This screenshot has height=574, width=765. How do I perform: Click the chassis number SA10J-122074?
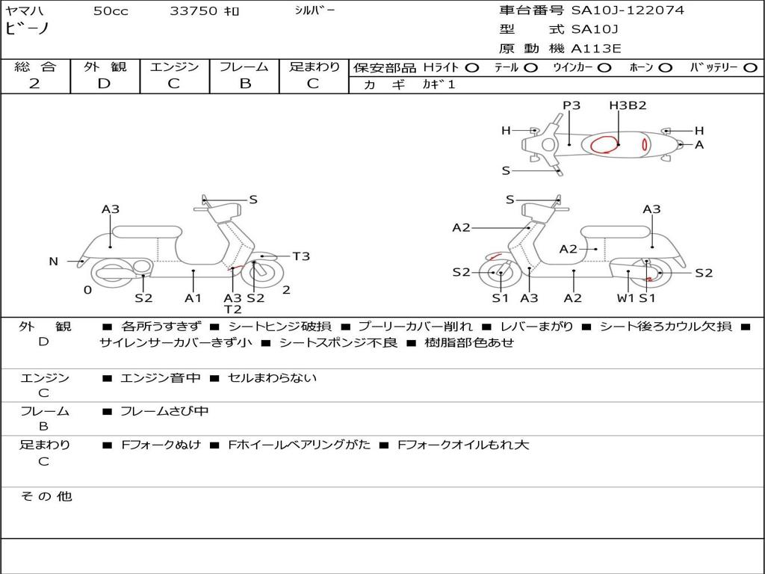pos(628,10)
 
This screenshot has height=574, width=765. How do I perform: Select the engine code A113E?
pos(595,49)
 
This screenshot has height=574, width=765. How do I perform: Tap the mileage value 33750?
pos(193,11)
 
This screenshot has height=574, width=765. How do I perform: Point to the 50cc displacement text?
pos(111,11)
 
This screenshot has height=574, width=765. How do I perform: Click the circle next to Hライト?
pos(471,67)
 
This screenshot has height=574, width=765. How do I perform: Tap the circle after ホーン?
pos(665,67)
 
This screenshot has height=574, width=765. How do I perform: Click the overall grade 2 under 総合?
pos(34,83)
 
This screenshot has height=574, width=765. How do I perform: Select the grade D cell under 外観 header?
pos(104,83)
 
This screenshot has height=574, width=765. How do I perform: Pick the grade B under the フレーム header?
pos(244,83)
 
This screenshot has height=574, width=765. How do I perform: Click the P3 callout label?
pos(572,105)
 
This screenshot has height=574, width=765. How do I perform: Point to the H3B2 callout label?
pos(628,105)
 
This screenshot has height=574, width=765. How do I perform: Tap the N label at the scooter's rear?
pos(53,262)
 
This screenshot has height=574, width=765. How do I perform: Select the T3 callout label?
pos(301,256)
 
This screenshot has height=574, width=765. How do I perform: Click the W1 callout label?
pos(625,298)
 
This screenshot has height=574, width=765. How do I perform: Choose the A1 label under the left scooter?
pos(193,298)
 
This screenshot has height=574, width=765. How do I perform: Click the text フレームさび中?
pos(164,411)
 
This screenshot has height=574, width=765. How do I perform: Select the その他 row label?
pos(46,496)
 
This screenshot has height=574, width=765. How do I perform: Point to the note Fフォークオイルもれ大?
pos(463,445)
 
